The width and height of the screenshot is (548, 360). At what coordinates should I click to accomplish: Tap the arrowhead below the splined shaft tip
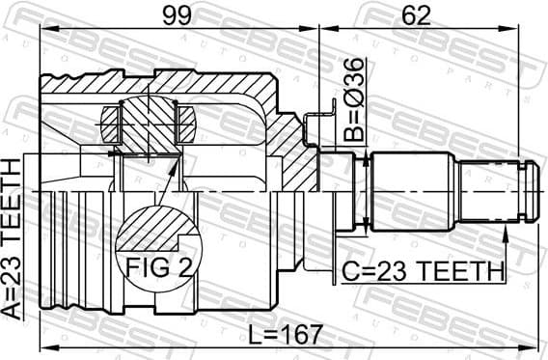(x=505, y=233)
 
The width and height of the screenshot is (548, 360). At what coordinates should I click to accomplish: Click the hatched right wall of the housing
(x=290, y=145)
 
